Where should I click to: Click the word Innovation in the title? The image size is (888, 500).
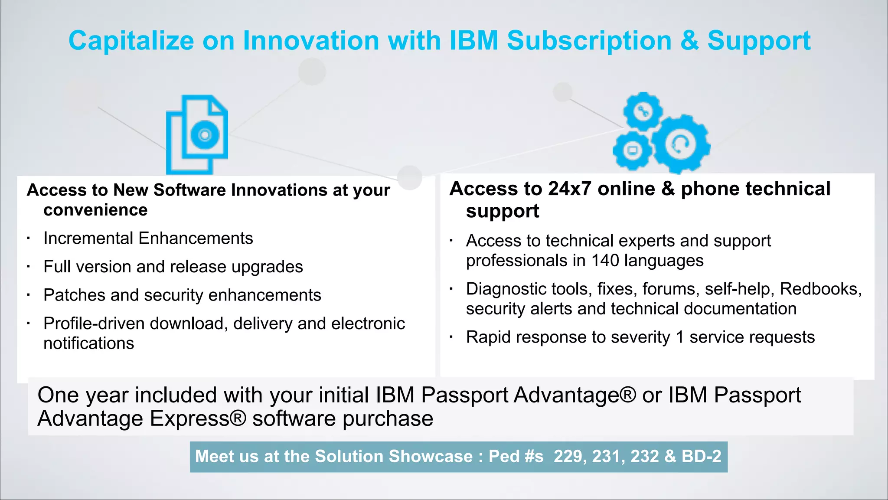click(311, 41)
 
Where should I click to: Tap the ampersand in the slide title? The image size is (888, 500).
click(689, 41)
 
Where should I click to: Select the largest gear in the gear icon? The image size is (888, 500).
click(681, 144)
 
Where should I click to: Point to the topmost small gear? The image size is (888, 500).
click(643, 111)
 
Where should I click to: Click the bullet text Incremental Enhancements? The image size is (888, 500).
click(148, 239)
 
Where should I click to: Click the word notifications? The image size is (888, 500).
click(89, 343)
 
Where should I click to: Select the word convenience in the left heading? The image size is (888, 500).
click(95, 210)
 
